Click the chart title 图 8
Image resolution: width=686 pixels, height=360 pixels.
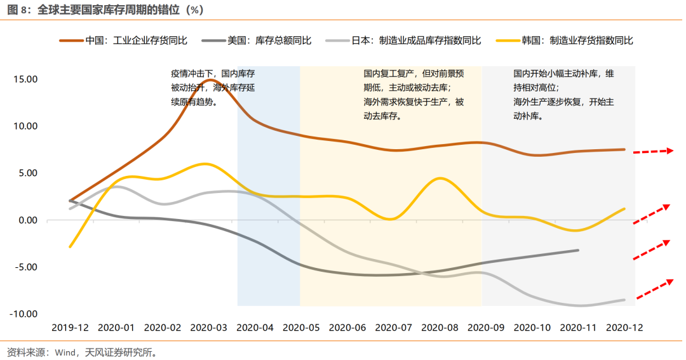[102, 10]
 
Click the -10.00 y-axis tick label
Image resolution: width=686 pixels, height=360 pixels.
[24, 314]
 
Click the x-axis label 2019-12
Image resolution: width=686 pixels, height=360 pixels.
[70, 328]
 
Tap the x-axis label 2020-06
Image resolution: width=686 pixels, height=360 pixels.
[347, 328]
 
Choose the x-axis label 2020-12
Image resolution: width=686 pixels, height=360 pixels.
[624, 328]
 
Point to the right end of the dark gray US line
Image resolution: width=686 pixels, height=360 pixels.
[577, 250]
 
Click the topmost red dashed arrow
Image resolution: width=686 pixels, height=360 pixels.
[654, 151]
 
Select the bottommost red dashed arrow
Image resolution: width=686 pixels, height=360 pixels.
[655, 289]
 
